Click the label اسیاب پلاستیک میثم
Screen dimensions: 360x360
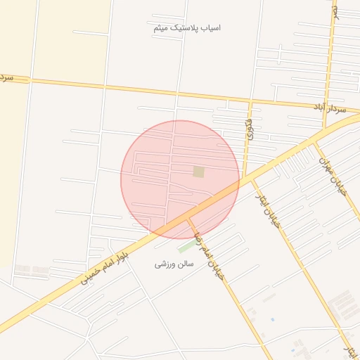coord(187,28)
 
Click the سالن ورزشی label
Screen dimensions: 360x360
coord(173,264)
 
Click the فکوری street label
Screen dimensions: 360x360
coord(248,129)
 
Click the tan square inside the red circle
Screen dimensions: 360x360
coord(199,172)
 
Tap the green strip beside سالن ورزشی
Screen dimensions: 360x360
coord(187,247)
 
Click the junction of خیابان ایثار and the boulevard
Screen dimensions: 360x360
coord(251,180)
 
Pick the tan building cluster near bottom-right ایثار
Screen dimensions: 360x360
coord(344,307)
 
